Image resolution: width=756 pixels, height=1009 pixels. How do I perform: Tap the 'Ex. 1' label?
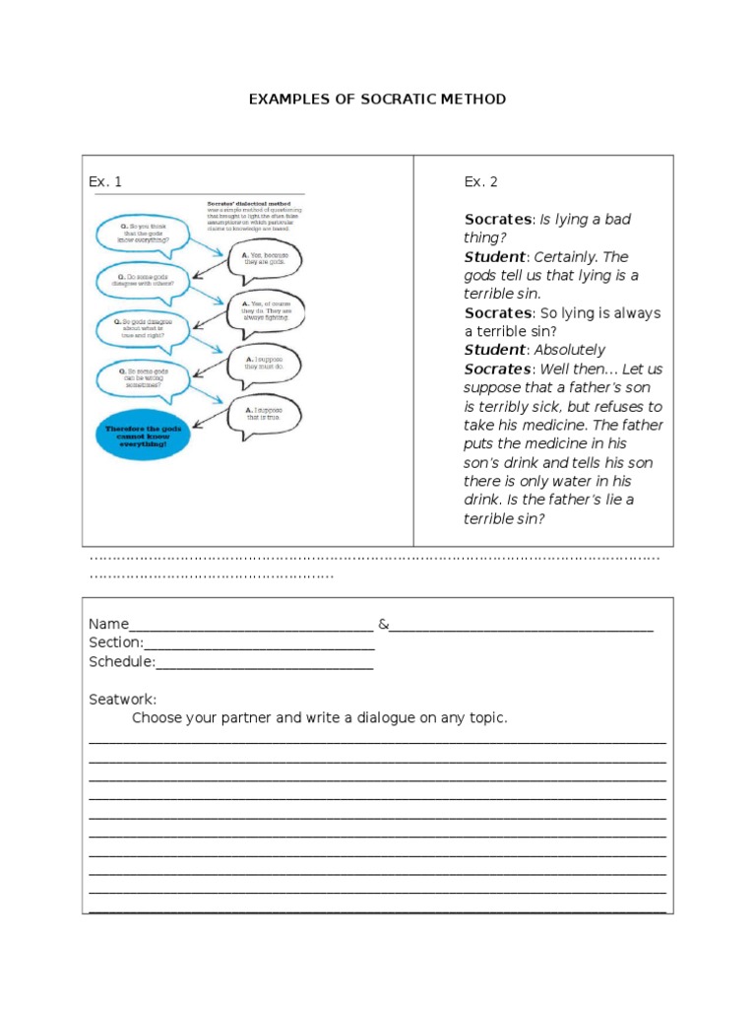105,181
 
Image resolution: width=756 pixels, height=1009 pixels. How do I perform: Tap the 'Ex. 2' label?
481,181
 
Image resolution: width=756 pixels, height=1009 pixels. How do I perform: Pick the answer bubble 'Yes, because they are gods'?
264,262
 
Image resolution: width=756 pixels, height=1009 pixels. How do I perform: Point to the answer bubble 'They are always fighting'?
264,311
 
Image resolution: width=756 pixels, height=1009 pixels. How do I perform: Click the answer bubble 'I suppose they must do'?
264,363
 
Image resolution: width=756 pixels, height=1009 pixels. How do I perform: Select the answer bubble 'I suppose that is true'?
264,413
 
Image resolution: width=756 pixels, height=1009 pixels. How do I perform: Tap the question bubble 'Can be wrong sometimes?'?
139,379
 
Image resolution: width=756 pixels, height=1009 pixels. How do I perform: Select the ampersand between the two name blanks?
383,624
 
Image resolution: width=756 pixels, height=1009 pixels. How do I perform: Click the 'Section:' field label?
116,642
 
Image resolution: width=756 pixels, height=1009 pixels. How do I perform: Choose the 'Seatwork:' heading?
122,699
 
